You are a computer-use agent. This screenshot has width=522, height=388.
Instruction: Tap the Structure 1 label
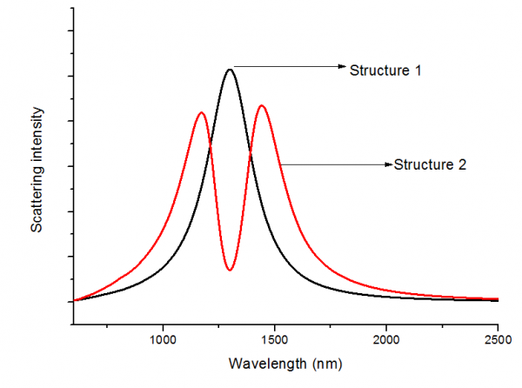pyautogui.click(x=385, y=70)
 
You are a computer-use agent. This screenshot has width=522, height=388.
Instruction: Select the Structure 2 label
pyautogui.click(x=431, y=164)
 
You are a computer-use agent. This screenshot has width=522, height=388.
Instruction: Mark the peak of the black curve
pyautogui.click(x=230, y=70)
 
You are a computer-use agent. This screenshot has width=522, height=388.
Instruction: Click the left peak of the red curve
pyautogui.click(x=201, y=112)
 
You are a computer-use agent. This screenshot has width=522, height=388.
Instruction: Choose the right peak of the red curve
pyautogui.click(x=260, y=106)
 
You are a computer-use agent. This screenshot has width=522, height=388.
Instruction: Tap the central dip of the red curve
pyautogui.click(x=230, y=270)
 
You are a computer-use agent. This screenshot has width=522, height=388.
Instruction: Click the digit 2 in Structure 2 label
pyautogui.click(x=463, y=164)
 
